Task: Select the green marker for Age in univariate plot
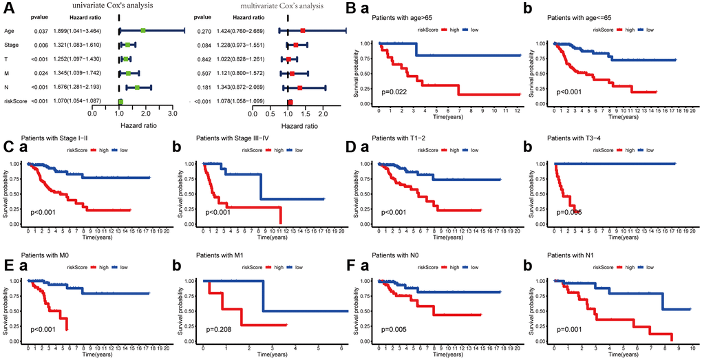(142, 30)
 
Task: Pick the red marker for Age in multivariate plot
(303, 30)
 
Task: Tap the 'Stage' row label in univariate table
(12, 45)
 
